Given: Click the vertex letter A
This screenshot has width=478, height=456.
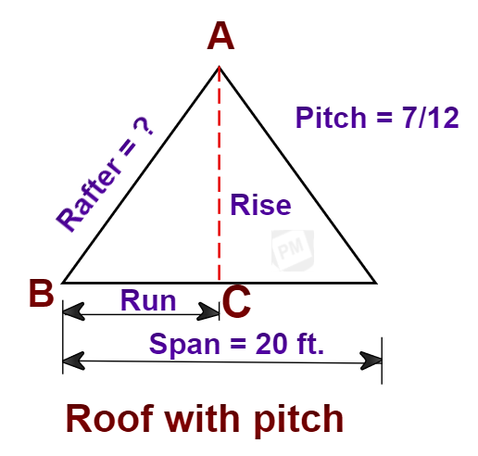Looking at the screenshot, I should pyautogui.click(x=220, y=38).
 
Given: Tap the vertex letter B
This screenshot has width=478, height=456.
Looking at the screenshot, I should pyautogui.click(x=40, y=295).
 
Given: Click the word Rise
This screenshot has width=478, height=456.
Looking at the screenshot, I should pyautogui.click(x=260, y=205).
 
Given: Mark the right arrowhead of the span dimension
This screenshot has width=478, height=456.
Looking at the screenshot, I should pyautogui.click(x=375, y=360).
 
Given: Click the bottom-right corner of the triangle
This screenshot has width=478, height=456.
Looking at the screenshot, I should pyautogui.click(x=375, y=282).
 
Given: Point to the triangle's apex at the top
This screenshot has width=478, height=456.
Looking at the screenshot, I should pyautogui.click(x=219, y=67).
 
